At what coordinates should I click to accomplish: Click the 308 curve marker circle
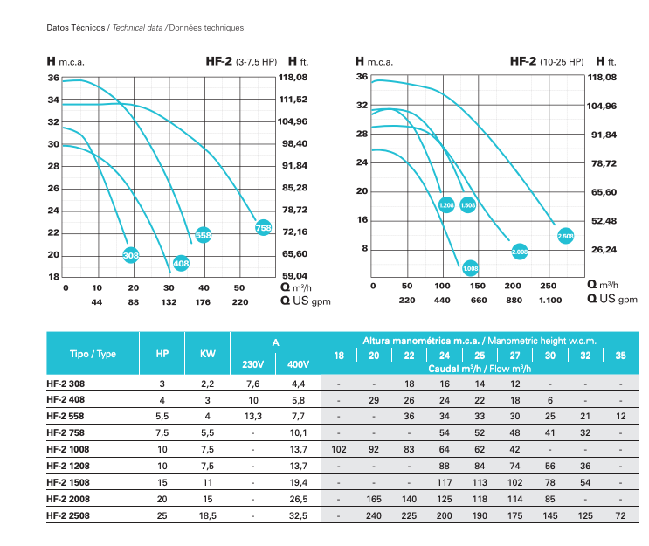coord(131,255)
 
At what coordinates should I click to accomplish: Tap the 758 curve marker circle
coord(263,228)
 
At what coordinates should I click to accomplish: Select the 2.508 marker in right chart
coord(565,236)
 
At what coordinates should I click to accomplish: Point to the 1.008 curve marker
coord(470,268)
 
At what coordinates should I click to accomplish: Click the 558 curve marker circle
coord(204,235)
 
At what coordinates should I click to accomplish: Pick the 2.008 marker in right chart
coord(520,252)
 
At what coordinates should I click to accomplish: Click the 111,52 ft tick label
coord(293,100)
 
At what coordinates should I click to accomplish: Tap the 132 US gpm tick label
coord(169,302)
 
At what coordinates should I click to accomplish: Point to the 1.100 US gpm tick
coord(550,301)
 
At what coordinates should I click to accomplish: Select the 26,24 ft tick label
coord(604,250)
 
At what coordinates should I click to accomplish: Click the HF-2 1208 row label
coord(68,466)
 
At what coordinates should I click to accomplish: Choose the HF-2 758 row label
coord(66,432)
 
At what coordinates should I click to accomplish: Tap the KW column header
coord(207,354)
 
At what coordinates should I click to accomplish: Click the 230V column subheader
coord(253,364)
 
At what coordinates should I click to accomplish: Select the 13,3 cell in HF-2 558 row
coord(253,416)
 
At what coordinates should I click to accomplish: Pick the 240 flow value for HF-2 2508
coord(374,515)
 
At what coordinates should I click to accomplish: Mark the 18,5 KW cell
coord(207,515)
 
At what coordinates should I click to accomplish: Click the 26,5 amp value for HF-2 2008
coord(299,499)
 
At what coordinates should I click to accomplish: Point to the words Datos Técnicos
coord(76,28)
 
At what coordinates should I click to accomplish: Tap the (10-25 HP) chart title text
coord(562,62)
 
